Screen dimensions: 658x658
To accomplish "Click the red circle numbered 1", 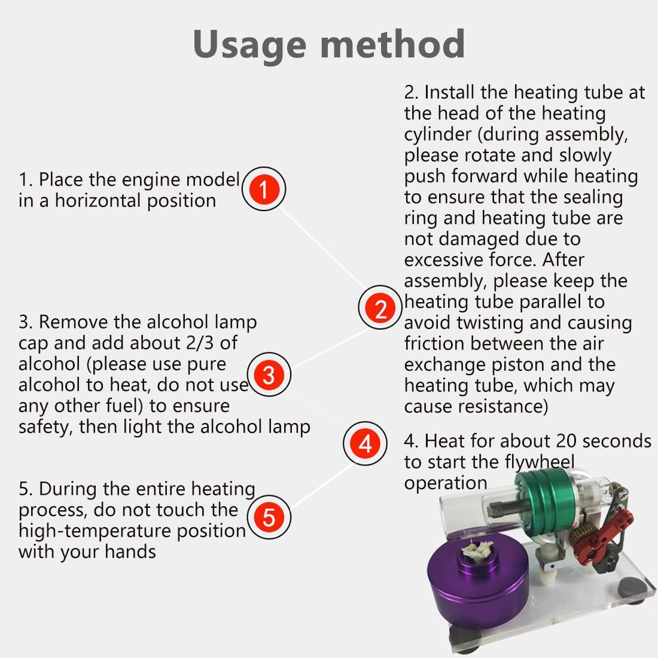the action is [x=264, y=189].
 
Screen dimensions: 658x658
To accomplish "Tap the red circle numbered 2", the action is [x=380, y=307].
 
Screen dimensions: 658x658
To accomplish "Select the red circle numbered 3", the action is [x=269, y=374].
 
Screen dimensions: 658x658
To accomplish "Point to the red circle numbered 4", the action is [x=365, y=444].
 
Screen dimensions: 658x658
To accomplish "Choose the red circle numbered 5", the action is [x=269, y=517].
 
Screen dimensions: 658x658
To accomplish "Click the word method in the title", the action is [x=392, y=44].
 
